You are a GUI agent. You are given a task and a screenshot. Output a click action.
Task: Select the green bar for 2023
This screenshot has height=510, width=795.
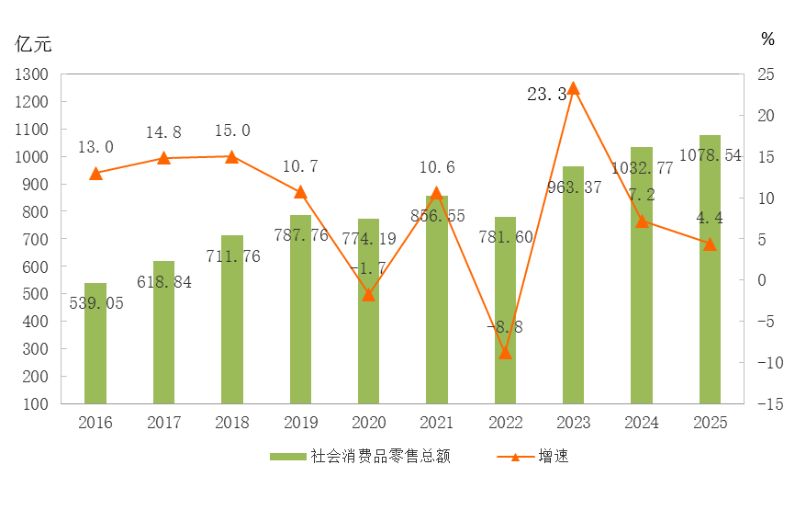click(x=573, y=285)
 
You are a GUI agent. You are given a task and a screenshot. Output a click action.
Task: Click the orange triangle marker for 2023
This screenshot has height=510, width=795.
click(x=573, y=88)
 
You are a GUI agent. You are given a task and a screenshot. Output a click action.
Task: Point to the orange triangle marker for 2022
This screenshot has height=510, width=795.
click(x=505, y=353)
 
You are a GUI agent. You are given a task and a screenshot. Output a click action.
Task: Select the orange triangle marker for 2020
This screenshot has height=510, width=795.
click(x=368, y=294)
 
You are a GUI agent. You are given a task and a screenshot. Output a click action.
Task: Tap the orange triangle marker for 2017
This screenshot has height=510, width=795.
click(x=163, y=158)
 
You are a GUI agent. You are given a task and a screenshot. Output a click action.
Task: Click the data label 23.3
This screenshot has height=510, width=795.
click(x=547, y=94)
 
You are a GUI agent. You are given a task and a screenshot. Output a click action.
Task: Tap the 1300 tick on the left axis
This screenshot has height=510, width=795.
click(x=32, y=74)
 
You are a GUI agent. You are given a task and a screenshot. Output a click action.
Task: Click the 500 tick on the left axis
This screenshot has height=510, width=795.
click(x=36, y=294)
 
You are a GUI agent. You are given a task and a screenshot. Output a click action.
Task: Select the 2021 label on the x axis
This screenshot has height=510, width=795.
click(x=437, y=423)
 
